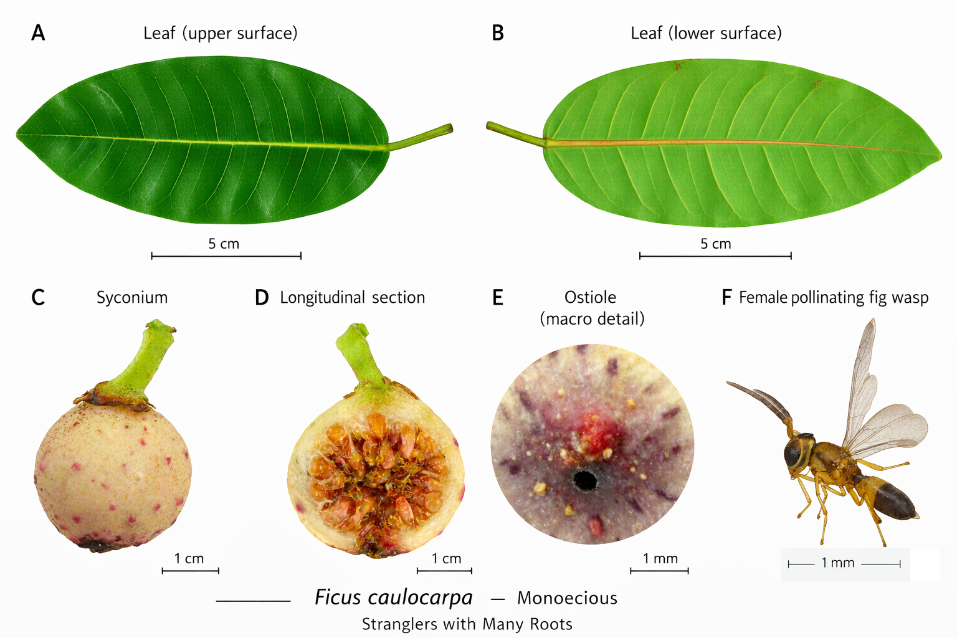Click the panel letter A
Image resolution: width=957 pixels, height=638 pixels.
38,33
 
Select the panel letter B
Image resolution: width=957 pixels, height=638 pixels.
497,33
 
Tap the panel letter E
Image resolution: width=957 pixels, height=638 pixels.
497,298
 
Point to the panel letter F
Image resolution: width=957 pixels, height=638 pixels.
726,298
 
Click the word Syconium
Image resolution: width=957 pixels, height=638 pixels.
132,298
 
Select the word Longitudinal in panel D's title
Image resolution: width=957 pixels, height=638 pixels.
321,298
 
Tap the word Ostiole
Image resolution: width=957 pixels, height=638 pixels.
590,297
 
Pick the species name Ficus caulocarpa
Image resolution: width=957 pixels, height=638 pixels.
393,598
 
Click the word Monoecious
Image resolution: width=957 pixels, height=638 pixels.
567,598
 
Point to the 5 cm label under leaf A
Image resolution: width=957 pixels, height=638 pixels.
224,244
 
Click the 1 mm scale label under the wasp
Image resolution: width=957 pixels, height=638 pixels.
837,563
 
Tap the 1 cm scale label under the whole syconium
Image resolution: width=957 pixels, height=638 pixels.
189,559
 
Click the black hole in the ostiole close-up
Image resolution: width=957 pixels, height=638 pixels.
584,480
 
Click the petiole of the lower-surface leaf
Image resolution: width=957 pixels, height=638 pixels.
515,135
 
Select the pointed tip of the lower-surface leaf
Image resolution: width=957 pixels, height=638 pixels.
940,154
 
